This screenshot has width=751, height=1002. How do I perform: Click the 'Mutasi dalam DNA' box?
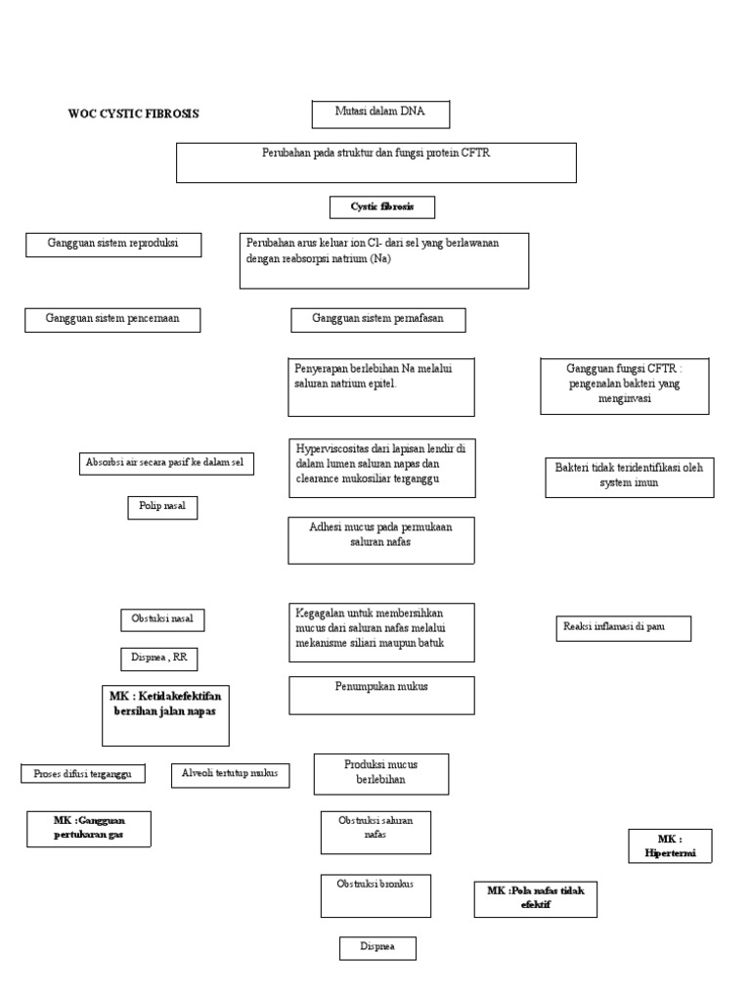pyautogui.click(x=380, y=114)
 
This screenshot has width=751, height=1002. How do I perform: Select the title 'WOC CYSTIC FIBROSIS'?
pyautogui.click(x=132, y=114)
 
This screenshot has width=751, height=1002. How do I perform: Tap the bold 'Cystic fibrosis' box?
pyautogui.click(x=382, y=207)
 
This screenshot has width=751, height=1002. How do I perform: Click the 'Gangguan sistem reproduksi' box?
pyautogui.click(x=112, y=244)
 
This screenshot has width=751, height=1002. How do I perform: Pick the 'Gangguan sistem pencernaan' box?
pyautogui.click(x=112, y=320)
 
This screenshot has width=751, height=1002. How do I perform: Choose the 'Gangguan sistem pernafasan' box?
pyautogui.click(x=378, y=320)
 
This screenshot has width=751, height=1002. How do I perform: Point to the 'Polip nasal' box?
pyautogui.click(x=162, y=507)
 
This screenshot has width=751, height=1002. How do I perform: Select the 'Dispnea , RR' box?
pyautogui.click(x=158, y=660)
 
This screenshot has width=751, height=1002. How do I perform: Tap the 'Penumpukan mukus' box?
pyautogui.click(x=381, y=695)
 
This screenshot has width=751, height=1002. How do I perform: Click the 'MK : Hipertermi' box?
pyautogui.click(x=670, y=845)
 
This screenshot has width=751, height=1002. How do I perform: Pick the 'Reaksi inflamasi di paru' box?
pyautogui.click(x=622, y=628)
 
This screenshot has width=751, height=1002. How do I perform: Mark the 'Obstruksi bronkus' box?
pyautogui.click(x=375, y=895)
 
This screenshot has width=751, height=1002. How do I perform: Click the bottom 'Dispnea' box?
pyautogui.click(x=377, y=947)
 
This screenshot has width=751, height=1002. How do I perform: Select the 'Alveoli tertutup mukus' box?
pyautogui.click(x=230, y=774)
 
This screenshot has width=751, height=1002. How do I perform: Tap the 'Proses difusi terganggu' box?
pyautogui.click(x=83, y=774)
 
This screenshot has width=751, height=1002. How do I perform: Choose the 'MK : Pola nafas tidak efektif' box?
pyautogui.click(x=535, y=898)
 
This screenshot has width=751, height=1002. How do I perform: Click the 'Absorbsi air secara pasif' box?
pyautogui.click(x=163, y=463)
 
